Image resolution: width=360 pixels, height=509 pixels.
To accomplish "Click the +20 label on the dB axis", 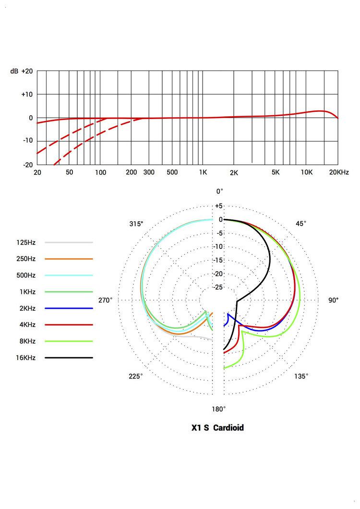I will click(x=27, y=71).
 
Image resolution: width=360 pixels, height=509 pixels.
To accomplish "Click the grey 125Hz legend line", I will click(x=69, y=242).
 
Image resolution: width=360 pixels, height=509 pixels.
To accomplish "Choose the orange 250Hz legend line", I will click(x=69, y=259).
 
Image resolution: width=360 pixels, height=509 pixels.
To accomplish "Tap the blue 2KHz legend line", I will click(x=69, y=308).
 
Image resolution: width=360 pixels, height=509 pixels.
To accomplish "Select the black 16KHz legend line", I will click(x=69, y=358).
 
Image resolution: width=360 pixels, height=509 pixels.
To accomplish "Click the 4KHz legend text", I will click(x=26, y=325).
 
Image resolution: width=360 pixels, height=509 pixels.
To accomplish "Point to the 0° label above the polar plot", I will click(x=219, y=191).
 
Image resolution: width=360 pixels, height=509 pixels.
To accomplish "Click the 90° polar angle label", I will click(x=333, y=300).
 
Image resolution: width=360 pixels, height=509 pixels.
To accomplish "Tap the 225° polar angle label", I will click(x=135, y=376).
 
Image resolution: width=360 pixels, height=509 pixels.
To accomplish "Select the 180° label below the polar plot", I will click(x=219, y=409).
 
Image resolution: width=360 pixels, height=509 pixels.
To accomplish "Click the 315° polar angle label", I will click(x=136, y=224).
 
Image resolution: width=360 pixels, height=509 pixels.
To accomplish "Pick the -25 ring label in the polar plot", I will click(x=218, y=288).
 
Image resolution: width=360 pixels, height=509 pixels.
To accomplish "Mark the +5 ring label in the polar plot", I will click(x=218, y=206).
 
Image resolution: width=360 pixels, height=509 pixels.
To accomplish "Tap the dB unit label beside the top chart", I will click(x=14, y=71).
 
